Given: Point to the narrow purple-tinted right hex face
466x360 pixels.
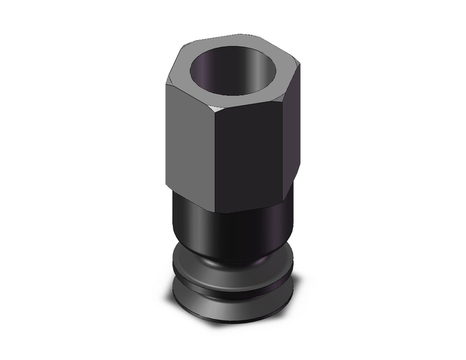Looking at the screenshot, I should pos(294,134).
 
